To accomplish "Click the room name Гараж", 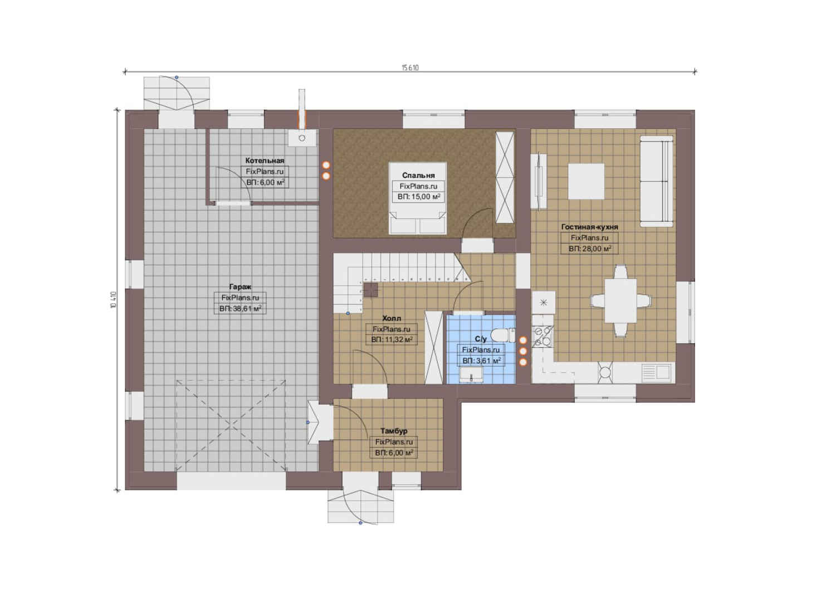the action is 240,287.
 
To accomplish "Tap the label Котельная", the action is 265,161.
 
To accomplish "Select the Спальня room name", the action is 418,175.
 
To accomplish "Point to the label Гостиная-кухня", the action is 589,227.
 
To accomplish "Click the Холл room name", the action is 392,318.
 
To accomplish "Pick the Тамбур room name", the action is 394,431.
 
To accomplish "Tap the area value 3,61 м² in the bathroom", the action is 486,361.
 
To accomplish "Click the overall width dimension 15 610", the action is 410,67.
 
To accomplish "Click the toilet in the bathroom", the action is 503,335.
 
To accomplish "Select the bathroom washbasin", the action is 471,375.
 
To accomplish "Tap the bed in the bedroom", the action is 418,198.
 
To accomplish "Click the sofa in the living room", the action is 657,181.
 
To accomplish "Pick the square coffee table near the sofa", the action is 586,181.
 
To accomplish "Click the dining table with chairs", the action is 620,301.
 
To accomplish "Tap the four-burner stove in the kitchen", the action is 543,336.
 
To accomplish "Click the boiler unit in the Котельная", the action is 302,138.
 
